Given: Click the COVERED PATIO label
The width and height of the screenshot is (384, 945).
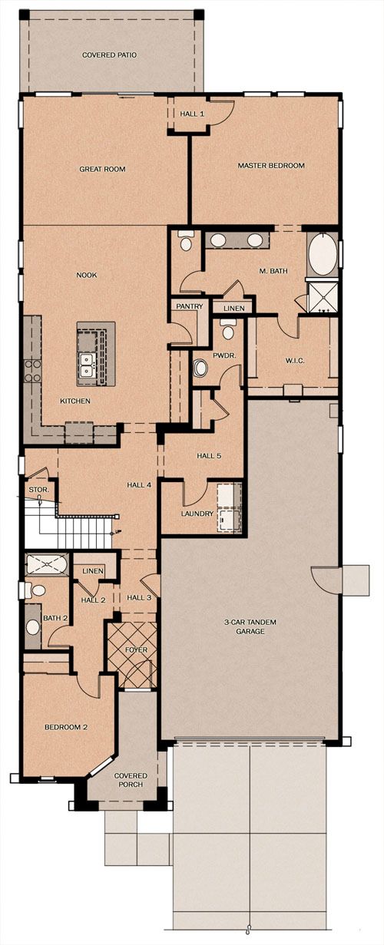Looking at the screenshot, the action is point(109,55).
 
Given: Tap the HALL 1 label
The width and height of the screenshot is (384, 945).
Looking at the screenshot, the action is point(192,114).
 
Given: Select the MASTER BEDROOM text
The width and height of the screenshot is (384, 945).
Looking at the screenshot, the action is point(271,166).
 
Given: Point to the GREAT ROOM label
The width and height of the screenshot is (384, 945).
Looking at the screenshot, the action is point(103,169).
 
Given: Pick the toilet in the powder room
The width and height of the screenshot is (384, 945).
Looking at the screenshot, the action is point(228,331).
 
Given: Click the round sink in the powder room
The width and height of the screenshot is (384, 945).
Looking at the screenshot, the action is point(200,368).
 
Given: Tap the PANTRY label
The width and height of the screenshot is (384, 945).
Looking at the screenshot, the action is point(190,307).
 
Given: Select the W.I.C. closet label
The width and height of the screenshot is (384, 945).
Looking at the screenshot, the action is point(295,361).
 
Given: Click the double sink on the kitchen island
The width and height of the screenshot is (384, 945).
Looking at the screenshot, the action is point(87,365).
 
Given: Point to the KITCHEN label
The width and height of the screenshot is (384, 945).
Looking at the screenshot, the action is point(75,401).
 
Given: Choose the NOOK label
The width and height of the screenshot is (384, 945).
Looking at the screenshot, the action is point(87,275).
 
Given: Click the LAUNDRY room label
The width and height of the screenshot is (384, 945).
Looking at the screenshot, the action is point(197,514).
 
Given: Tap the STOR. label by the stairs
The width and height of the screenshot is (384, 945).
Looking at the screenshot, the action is point(39,490).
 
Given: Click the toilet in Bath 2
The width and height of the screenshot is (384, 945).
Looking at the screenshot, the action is point(36,590).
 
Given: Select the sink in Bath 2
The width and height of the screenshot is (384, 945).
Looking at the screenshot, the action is point(33,627).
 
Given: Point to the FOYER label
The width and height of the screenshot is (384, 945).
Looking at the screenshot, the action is point(136,650).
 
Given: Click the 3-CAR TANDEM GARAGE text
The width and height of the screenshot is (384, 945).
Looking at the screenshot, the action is point(250,626).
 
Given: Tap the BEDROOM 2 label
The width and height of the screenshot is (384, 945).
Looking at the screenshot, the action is point(66,727).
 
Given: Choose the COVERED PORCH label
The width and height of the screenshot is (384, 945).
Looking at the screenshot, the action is point(131,780).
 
